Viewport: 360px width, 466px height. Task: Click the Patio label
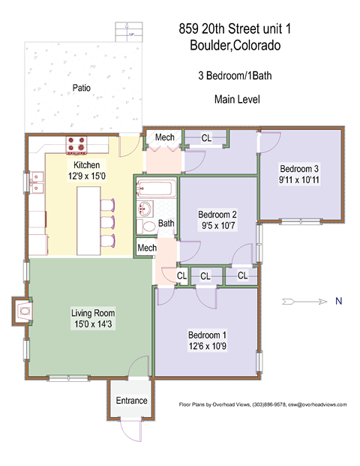[x=82, y=88]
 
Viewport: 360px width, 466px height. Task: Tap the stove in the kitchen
[x=78, y=143]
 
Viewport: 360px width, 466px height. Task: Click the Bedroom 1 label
[x=206, y=335]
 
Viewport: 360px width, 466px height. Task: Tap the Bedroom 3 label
[x=299, y=168]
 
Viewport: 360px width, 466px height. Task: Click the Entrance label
[x=131, y=401]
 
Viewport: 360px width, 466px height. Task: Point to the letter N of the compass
[x=338, y=302]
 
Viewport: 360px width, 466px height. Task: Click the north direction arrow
[x=304, y=302]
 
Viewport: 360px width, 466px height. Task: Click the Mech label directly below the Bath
[x=147, y=248]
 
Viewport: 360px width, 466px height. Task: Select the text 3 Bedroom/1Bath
[x=235, y=76]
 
